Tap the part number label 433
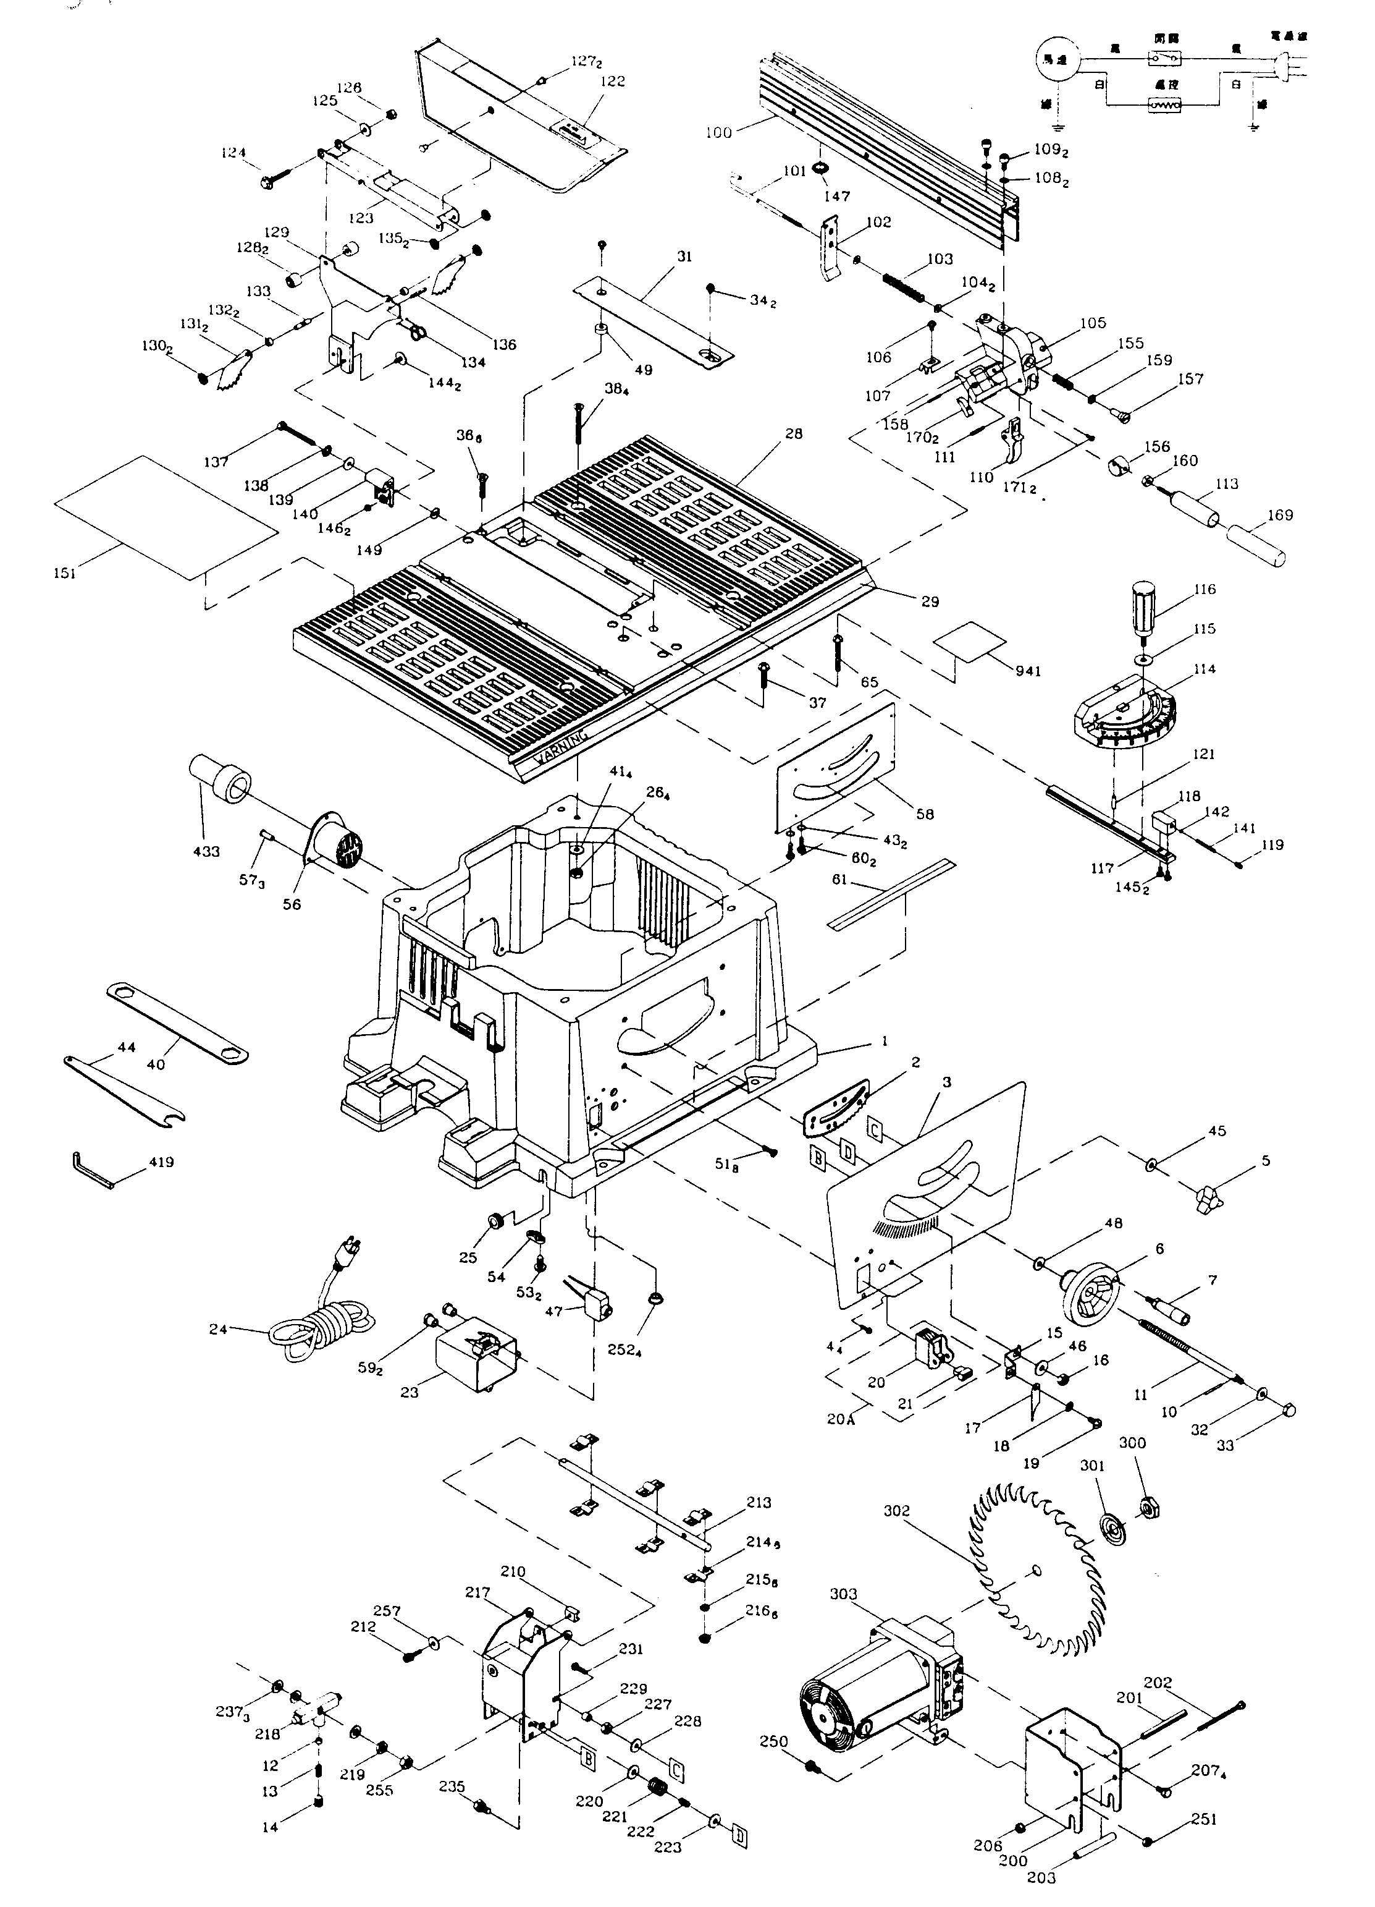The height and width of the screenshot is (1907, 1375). (206, 851)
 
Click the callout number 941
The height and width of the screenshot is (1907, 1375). (1028, 670)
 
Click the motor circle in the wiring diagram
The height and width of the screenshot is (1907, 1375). (1055, 60)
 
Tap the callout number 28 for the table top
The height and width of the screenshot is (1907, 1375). (793, 434)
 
